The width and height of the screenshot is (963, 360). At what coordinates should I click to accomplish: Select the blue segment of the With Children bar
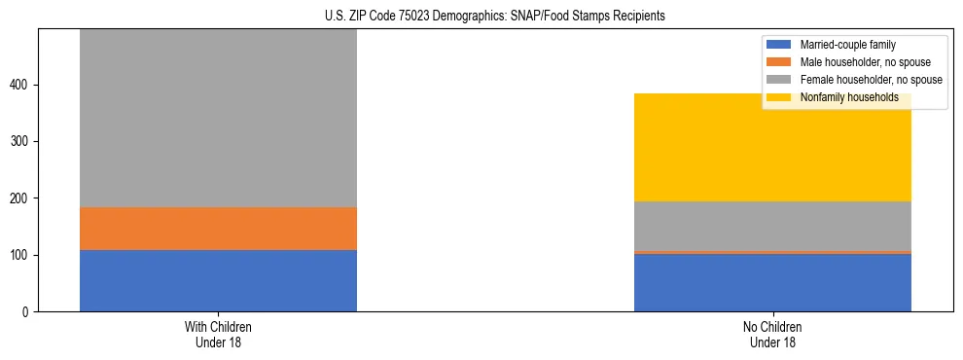point(218,280)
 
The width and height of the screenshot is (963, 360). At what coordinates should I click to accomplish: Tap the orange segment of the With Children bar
point(218,229)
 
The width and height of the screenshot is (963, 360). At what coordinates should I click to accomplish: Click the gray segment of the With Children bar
point(218,118)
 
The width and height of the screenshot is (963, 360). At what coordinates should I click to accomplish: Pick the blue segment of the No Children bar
point(772,283)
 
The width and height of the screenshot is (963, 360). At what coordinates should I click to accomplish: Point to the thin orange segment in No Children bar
point(772,252)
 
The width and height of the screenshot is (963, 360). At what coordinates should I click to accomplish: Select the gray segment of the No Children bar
point(772,226)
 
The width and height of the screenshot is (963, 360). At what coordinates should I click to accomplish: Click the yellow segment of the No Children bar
point(772,147)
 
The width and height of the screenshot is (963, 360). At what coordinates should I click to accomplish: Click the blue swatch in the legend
point(779,45)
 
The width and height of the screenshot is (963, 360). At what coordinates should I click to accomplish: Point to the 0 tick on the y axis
point(26,312)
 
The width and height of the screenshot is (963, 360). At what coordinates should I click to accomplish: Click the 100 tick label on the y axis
point(20,255)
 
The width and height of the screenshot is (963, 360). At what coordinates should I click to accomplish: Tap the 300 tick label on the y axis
point(20,142)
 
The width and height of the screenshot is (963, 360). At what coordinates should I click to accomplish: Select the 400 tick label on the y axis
point(20,86)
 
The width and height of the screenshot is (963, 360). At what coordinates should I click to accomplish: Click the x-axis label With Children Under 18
point(218,334)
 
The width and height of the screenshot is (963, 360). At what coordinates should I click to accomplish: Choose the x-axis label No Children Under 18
point(772,334)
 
